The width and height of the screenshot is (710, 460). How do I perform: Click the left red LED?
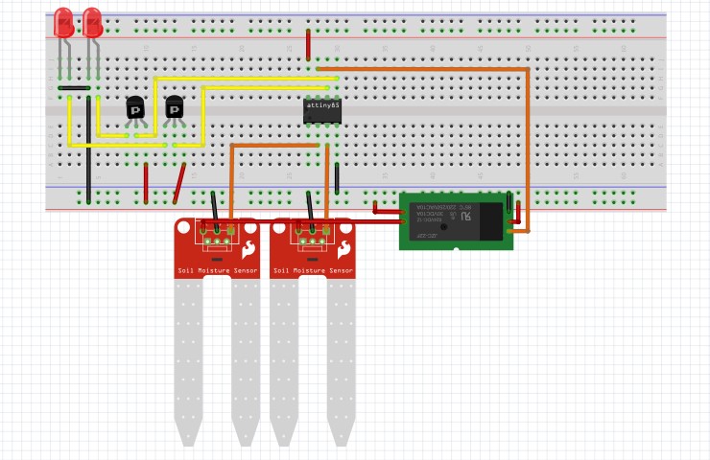pyautogui.click(x=63, y=22)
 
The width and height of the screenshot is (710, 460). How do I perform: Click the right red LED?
pyautogui.click(x=92, y=22)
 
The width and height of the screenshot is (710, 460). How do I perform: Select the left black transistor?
pyautogui.click(x=135, y=108)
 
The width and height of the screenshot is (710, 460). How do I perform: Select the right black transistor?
pyautogui.click(x=174, y=108)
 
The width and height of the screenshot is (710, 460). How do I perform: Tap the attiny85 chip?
pyautogui.click(x=321, y=110)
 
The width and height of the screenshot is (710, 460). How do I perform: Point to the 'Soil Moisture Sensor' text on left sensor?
pyautogui.click(x=217, y=271)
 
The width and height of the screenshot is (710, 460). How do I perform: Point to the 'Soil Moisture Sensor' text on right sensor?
pyautogui.click(x=313, y=271)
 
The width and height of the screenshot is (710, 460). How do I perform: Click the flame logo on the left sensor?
pyautogui.click(x=248, y=251)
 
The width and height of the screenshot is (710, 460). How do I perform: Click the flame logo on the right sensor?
pyautogui.click(x=343, y=251)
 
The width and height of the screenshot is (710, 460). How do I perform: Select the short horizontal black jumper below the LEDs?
pyautogui.click(x=74, y=88)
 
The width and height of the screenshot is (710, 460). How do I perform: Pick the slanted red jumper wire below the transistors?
pyautogui.click(x=178, y=183)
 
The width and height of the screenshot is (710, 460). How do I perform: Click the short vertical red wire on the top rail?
pyautogui.click(x=308, y=44)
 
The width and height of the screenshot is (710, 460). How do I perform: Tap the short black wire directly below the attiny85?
pyautogui.click(x=337, y=177)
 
